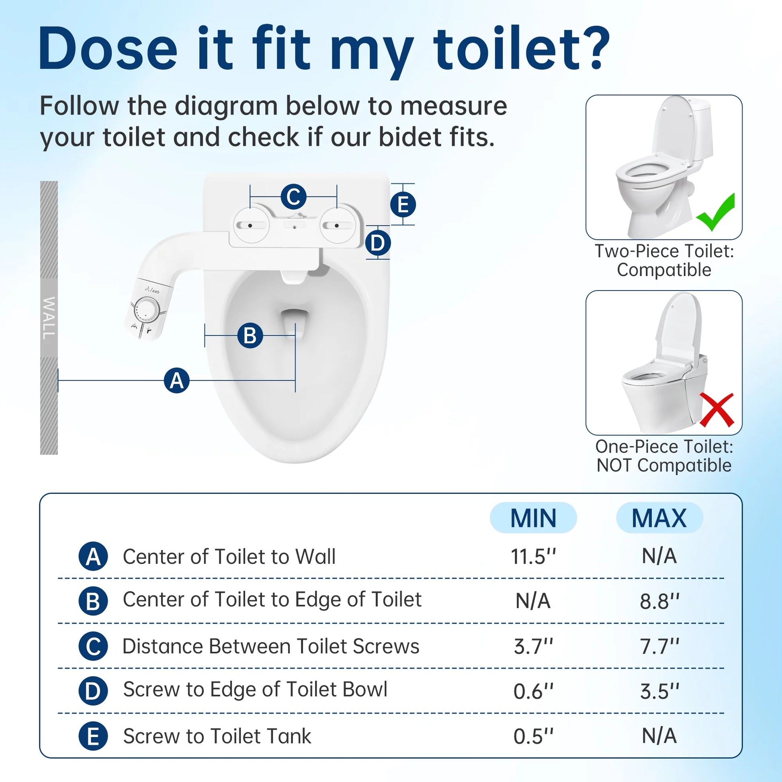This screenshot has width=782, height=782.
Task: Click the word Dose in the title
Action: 108,49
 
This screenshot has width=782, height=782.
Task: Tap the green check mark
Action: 716,213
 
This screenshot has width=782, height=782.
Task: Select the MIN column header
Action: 533,518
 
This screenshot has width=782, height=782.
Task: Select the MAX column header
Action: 659,518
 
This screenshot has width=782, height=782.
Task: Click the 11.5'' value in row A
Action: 533,557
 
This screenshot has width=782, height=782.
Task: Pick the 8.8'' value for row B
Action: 659,602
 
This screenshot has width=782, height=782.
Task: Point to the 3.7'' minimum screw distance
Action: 533,647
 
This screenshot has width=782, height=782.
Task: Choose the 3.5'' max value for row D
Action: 659,691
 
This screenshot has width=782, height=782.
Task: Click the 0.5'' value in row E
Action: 533,736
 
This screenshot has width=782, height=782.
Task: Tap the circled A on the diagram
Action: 176,381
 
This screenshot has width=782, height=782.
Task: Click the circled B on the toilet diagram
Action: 250,336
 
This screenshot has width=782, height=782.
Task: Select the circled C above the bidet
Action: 293,197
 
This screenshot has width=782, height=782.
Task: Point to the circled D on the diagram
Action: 378,243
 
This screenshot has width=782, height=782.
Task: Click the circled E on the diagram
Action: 403,205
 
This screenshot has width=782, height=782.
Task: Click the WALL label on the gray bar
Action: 49,318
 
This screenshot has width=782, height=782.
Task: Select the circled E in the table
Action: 93,736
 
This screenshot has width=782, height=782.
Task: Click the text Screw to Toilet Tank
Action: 217,736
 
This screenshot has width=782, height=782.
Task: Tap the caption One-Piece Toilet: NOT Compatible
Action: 664,456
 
